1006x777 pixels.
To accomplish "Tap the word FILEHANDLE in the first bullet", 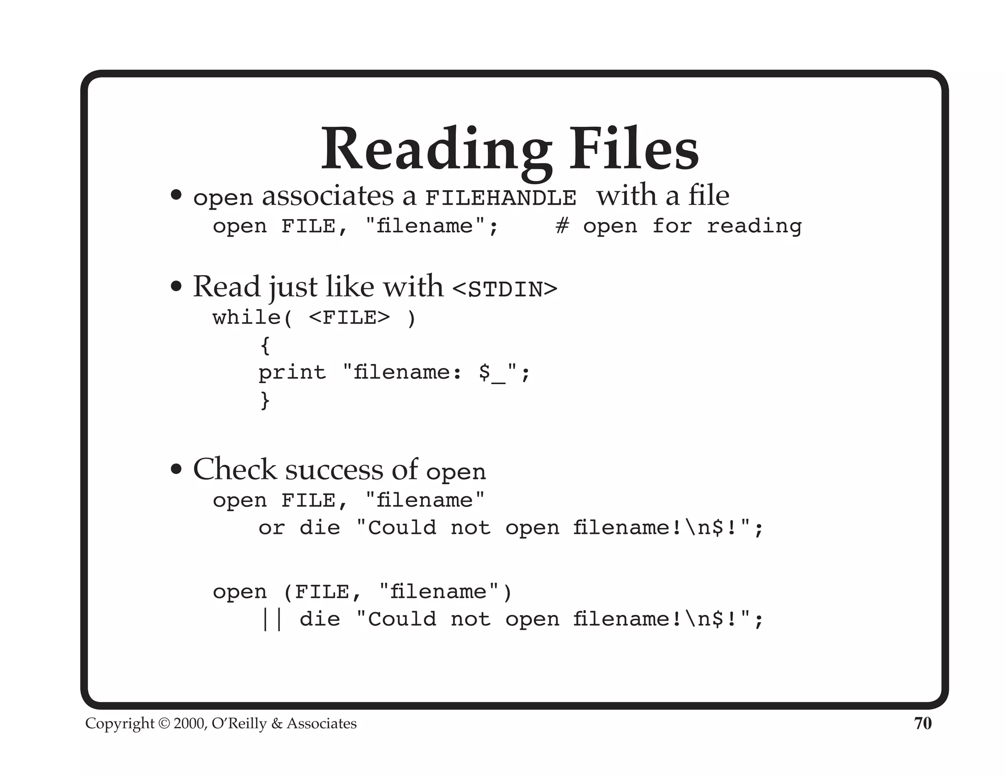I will (x=501, y=198).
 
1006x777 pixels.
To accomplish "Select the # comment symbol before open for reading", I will (x=562, y=226).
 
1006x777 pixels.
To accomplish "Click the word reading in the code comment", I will (x=754, y=226).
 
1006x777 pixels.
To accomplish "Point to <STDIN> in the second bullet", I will (x=504, y=289).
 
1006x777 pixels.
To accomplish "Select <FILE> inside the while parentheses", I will (x=349, y=318).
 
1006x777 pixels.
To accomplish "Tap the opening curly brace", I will (x=265, y=345).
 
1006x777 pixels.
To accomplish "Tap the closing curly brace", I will (x=265, y=400).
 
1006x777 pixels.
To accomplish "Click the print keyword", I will (x=292, y=373).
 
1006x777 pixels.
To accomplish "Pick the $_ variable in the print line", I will (x=492, y=373).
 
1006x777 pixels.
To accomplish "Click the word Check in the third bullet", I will (x=234, y=469).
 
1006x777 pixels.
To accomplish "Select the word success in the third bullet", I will (x=334, y=470).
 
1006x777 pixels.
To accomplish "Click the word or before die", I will (x=271, y=528).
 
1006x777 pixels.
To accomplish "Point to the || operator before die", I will (x=272, y=619).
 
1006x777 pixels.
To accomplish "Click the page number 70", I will (x=922, y=723).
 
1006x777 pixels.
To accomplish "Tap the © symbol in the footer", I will (x=164, y=723).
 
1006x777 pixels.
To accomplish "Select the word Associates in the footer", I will (x=322, y=723).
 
